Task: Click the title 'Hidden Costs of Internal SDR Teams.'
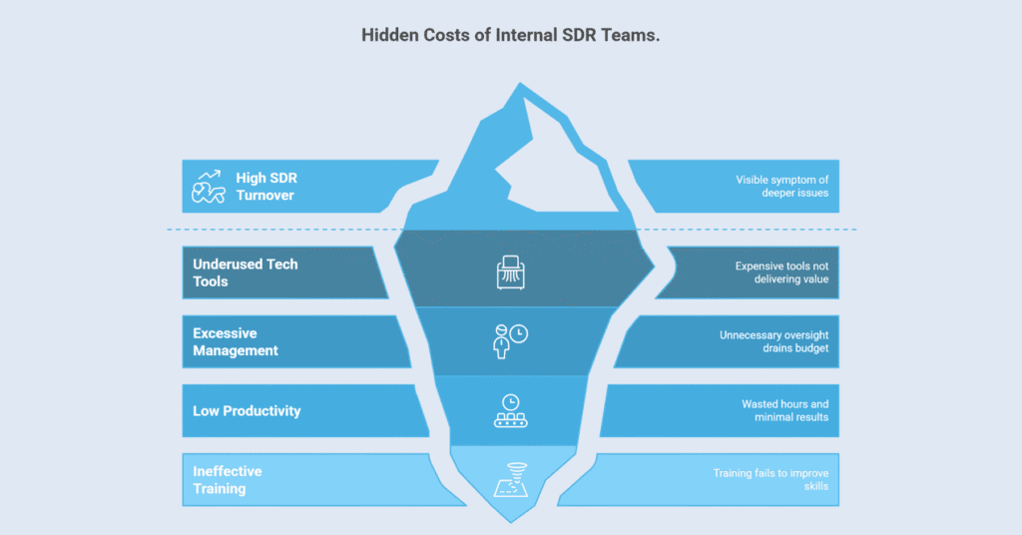[510, 35]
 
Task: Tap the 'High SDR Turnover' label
[266, 187]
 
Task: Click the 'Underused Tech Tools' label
[245, 272]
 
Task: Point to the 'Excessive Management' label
[236, 341]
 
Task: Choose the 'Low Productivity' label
[247, 410]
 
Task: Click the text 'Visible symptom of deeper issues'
[782, 186]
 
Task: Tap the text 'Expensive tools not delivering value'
[781, 272]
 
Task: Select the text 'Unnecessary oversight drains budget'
[774, 341]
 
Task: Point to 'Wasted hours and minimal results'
[784, 410]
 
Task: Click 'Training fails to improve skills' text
[770, 480]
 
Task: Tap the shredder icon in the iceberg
[511, 272]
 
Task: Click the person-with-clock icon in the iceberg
[510, 340]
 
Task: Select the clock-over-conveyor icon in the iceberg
[510, 410]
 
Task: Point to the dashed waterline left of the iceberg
[279, 230]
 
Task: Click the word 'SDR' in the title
[571, 35]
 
